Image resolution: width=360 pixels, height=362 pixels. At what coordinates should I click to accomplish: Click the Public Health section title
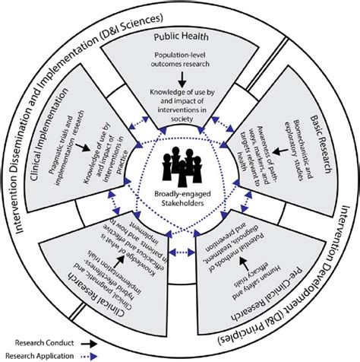coord(180,36)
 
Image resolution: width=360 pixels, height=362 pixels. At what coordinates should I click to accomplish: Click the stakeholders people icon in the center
coord(180,161)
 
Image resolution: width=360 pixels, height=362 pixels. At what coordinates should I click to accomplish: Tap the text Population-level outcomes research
coord(180,60)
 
